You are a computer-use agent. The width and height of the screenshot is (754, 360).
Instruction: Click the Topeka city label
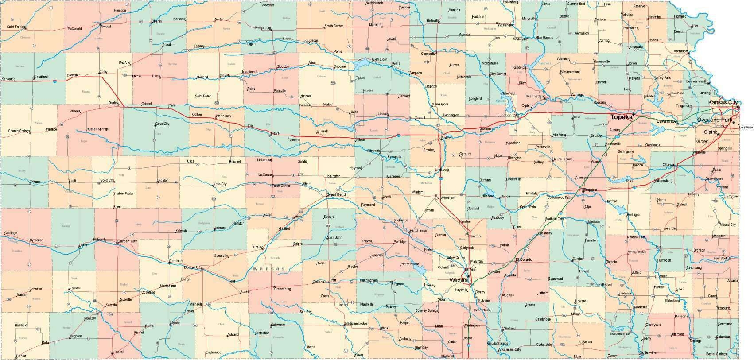point(621,117)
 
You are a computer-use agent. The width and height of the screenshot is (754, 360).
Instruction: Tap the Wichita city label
point(459,280)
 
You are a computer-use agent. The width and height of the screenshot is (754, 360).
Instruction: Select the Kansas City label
point(722,103)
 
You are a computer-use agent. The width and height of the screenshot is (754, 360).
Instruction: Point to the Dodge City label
point(193,267)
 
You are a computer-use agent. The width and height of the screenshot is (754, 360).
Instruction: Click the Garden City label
point(127,241)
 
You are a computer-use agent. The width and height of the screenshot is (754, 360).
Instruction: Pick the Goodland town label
point(40,77)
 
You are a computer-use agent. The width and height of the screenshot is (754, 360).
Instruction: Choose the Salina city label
point(446,138)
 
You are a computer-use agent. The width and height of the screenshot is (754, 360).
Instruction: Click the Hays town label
point(275,133)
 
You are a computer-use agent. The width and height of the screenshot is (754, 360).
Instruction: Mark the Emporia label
point(590,190)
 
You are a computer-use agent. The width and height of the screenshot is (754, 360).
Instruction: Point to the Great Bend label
point(336,194)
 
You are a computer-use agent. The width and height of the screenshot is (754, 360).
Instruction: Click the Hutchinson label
point(419,231)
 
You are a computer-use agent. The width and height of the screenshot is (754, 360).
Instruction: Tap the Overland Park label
point(714,120)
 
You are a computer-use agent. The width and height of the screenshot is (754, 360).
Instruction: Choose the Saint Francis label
point(16,27)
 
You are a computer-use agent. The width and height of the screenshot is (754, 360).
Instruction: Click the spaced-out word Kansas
point(269,269)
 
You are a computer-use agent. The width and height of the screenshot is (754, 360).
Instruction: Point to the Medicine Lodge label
point(356,324)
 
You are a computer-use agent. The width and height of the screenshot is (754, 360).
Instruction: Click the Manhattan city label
point(534,96)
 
